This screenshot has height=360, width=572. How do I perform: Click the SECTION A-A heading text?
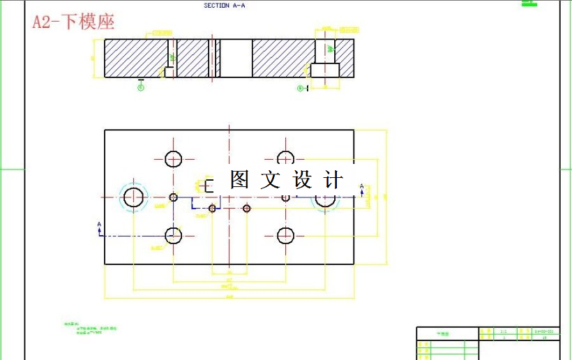tap(224, 6)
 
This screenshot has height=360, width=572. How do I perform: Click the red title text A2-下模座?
tap(73, 22)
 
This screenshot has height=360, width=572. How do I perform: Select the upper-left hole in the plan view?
tap(174, 159)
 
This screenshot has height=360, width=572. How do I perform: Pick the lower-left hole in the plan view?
tap(174, 236)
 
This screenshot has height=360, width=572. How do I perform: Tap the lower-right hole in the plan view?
tap(285, 236)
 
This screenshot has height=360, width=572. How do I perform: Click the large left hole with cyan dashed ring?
tap(133, 197)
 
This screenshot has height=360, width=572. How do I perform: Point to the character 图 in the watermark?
tap(239, 180)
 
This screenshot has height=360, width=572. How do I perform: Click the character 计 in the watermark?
tap(334, 180)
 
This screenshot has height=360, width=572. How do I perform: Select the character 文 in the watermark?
tap(271, 180)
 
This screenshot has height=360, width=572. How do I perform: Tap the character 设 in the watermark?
tap(303, 180)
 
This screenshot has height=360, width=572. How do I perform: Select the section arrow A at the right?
tap(361, 187)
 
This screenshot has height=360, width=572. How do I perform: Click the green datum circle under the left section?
tap(141, 87)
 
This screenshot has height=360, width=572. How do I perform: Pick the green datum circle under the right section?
tap(301, 89)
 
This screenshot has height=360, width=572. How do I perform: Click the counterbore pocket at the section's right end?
tap(324, 70)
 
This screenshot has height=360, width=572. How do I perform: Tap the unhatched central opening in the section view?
tap(236, 58)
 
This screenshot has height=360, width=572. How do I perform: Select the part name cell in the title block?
tap(444, 334)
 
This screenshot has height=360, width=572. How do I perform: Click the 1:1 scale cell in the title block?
tap(504, 331)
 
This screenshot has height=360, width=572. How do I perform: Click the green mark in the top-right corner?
tap(529, 3)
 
